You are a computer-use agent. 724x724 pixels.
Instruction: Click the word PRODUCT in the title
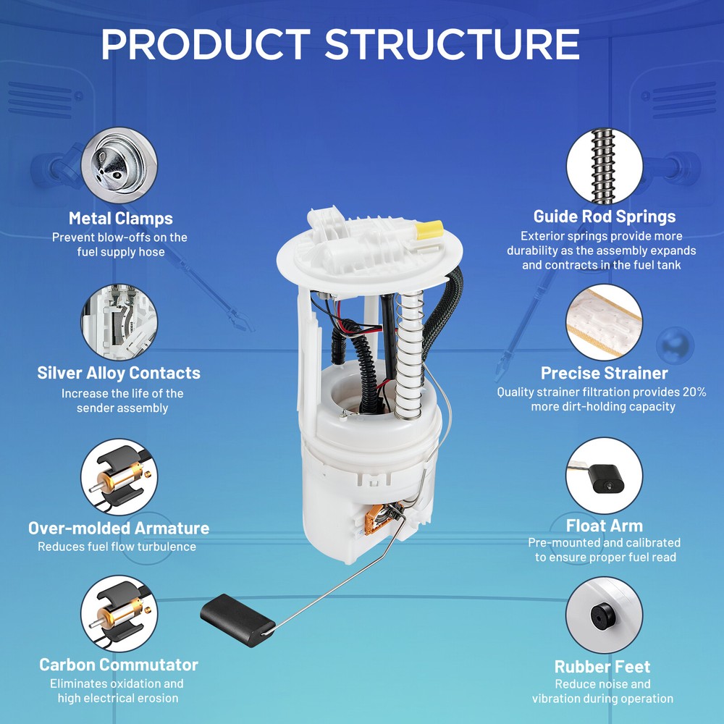pyautogui.click(x=206, y=44)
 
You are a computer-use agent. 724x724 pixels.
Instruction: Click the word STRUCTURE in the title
pyautogui.click(x=452, y=44)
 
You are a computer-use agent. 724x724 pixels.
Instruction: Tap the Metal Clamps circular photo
pyautogui.click(x=119, y=165)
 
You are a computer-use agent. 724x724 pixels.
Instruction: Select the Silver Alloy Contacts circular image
pyautogui.click(x=119, y=322)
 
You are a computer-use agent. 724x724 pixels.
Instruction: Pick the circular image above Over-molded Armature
pyautogui.click(x=119, y=477)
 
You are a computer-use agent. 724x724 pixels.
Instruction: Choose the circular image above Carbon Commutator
pyautogui.click(x=119, y=614)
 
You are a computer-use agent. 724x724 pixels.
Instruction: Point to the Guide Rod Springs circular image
pyautogui.click(x=605, y=167)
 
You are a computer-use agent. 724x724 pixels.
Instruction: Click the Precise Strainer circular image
pyautogui.click(x=605, y=322)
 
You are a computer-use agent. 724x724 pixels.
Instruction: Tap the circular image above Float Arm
pyautogui.click(x=605, y=476)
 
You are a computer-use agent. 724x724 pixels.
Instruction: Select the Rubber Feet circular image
pyautogui.click(x=605, y=615)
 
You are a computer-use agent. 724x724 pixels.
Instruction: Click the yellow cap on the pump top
pyautogui.click(x=429, y=230)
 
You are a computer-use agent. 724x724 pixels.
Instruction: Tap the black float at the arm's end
pyautogui.click(x=237, y=620)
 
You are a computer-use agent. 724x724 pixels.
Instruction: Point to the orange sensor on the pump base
pyautogui.click(x=374, y=520)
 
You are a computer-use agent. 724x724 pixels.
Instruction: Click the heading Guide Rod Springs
pyautogui.click(x=605, y=216)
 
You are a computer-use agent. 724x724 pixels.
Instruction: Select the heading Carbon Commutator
pyautogui.click(x=119, y=665)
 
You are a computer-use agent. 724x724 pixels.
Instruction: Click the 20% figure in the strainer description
pyautogui.click(x=694, y=392)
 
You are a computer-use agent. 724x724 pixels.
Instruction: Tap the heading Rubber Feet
pyautogui.click(x=602, y=667)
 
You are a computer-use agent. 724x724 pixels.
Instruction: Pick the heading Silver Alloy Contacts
pyautogui.click(x=119, y=373)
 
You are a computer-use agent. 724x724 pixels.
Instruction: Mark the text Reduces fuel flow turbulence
pyautogui.click(x=117, y=547)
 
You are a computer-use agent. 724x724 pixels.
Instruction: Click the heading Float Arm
pyautogui.click(x=605, y=526)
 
